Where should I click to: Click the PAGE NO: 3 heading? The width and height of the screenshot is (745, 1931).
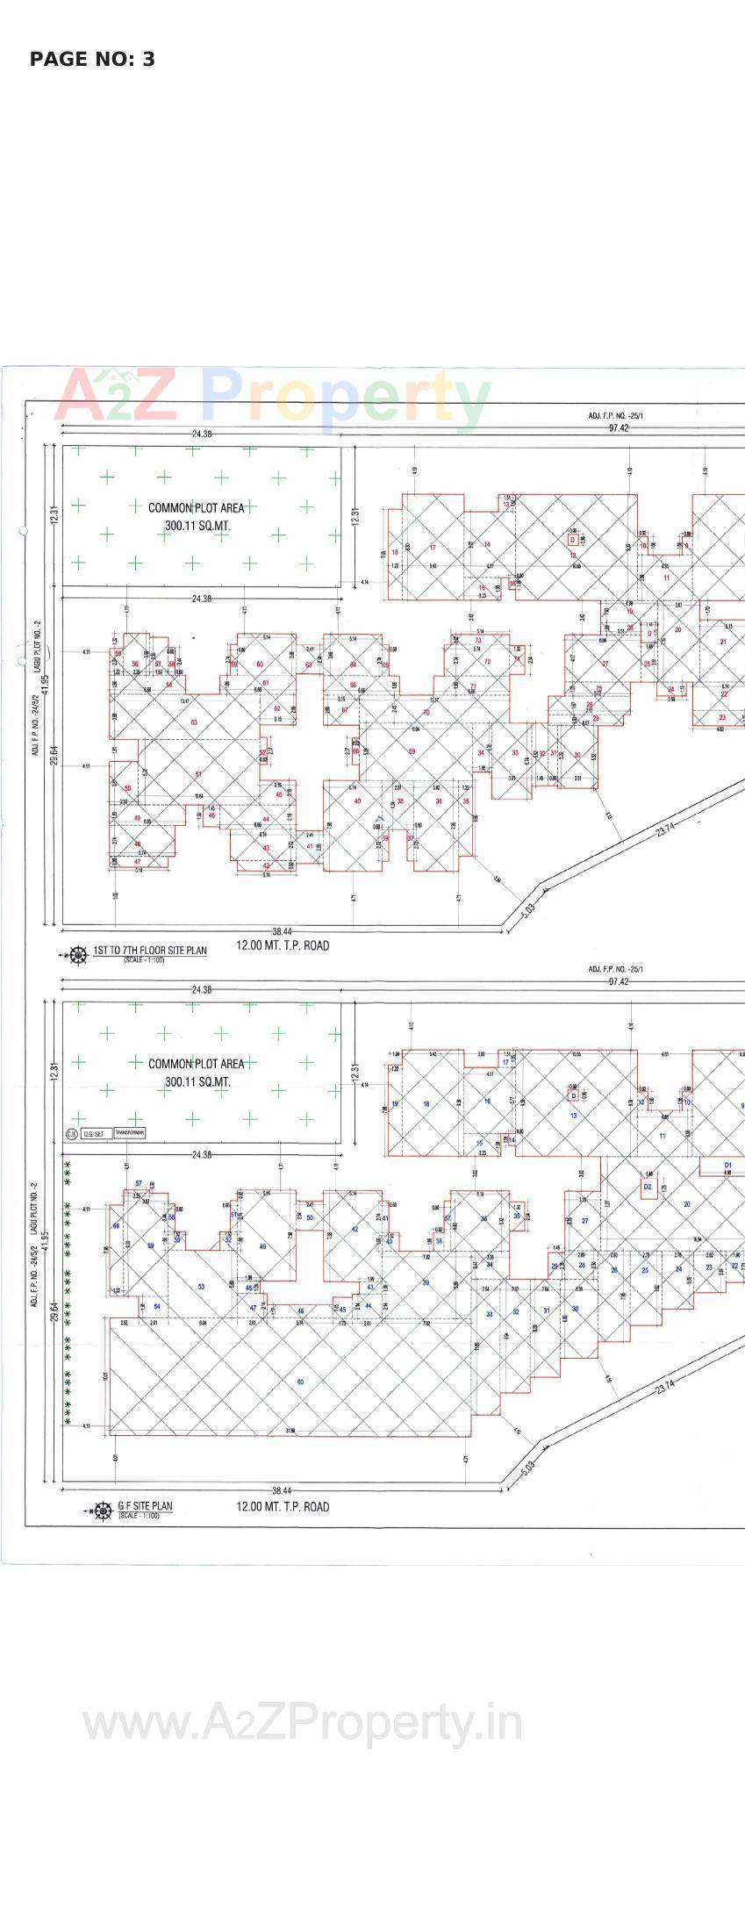pyautogui.click(x=92, y=60)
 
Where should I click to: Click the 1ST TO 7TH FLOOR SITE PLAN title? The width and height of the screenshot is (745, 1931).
pyautogui.click(x=150, y=951)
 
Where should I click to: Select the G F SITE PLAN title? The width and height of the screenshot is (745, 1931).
pyautogui.click(x=146, y=1506)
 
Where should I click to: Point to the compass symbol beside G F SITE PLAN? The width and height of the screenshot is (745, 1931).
pyautogui.click(x=103, y=1511)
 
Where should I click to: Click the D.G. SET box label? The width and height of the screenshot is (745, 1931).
pyautogui.click(x=93, y=1134)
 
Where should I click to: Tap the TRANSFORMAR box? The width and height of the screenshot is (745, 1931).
pyautogui.click(x=130, y=1133)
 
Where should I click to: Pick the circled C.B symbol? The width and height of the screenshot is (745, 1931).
pyautogui.click(x=72, y=1134)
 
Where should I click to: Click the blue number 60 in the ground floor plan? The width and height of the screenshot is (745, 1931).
pyautogui.click(x=300, y=1382)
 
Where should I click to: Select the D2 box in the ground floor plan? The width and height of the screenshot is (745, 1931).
pyautogui.click(x=648, y=1187)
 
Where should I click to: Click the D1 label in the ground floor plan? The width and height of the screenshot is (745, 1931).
pyautogui.click(x=727, y=1165)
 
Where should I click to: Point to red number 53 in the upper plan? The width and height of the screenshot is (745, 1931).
pyautogui.click(x=194, y=722)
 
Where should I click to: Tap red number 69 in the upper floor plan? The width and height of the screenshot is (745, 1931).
pyautogui.click(x=412, y=751)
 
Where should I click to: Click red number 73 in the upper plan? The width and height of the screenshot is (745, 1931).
pyautogui.click(x=478, y=641)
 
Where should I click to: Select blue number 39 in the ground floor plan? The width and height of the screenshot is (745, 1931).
pyautogui.click(x=426, y=1282)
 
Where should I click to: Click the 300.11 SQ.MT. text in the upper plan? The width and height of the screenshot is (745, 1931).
pyautogui.click(x=197, y=526)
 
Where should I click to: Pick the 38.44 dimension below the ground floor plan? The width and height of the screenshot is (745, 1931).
pyautogui.click(x=282, y=1490)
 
